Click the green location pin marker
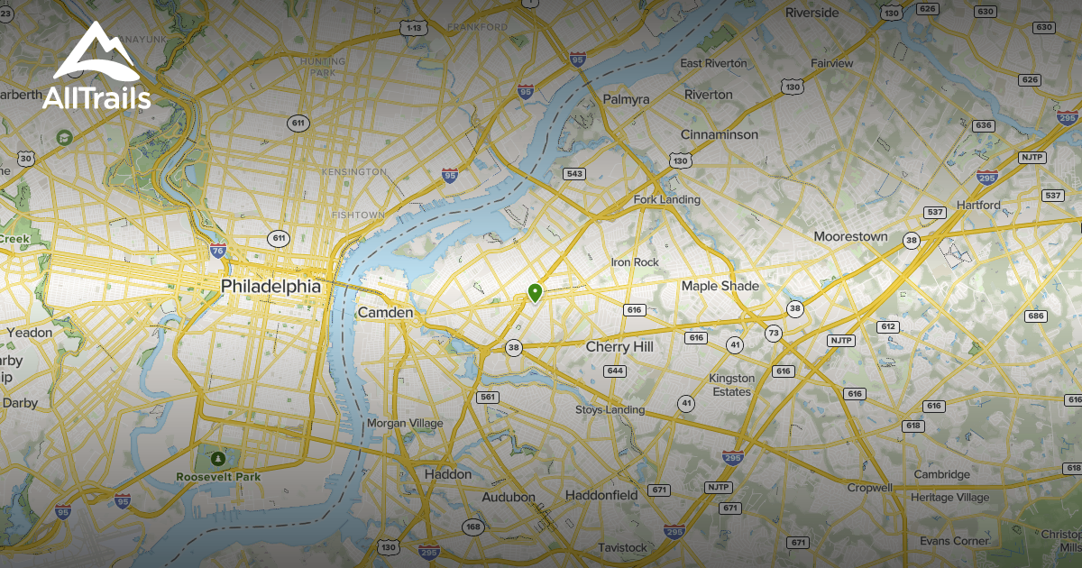(535, 292)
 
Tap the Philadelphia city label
(270, 286)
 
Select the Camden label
(385, 312)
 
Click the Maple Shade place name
(720, 286)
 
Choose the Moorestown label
(850, 236)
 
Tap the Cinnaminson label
(720, 134)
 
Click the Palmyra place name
(626, 99)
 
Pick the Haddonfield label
(601, 495)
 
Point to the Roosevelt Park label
(218, 477)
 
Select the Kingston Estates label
(731, 385)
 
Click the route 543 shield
(573, 173)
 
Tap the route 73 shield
(773, 333)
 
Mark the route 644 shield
(616, 371)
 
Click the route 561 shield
(488, 397)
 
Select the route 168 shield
(472, 527)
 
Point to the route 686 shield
(1035, 316)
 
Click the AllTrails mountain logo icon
(96, 54)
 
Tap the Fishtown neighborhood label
(358, 215)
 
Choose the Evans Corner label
(954, 540)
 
